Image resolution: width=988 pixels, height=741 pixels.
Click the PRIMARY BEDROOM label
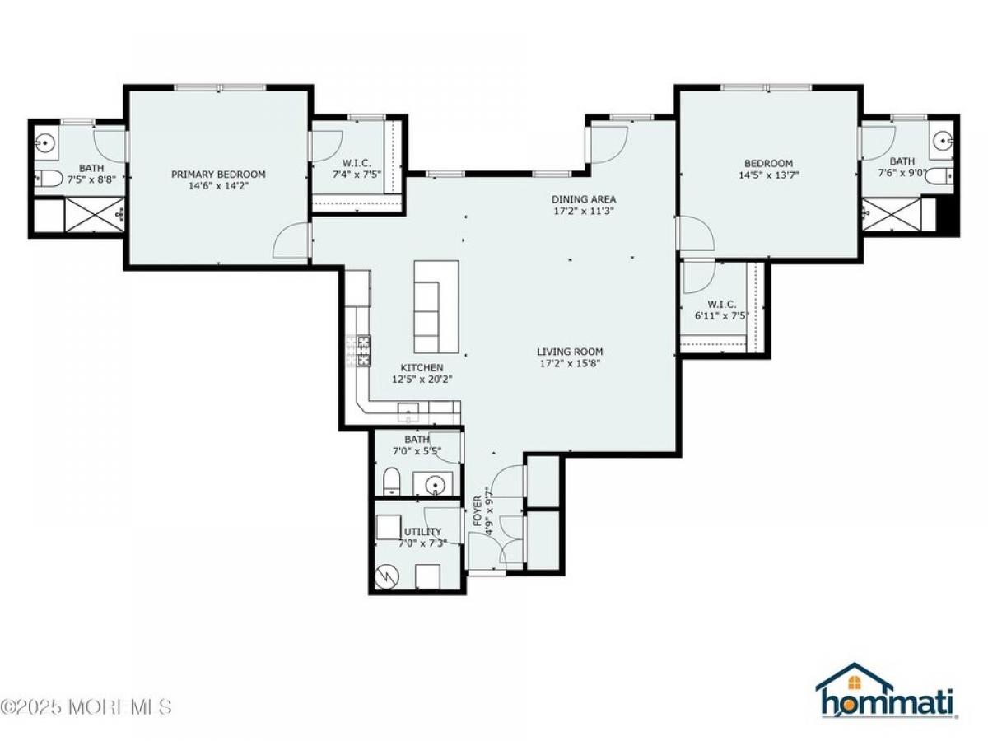click(x=218, y=174)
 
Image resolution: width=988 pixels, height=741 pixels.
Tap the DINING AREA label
click(x=584, y=199)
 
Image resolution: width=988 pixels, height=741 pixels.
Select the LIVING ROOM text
click(x=570, y=352)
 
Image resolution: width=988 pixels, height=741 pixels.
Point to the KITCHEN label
click(x=422, y=367)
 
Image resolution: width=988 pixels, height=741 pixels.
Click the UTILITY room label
click(x=422, y=531)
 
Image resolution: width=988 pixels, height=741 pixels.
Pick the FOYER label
click(x=478, y=510)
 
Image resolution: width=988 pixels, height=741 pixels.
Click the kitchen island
click(x=436, y=306)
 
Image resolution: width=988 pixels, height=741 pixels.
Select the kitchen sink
click(x=408, y=412)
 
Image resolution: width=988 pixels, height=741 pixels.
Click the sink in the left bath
click(x=45, y=143)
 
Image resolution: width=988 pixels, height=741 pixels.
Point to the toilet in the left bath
click(x=49, y=179)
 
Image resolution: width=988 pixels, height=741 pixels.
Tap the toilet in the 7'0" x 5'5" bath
click(x=392, y=481)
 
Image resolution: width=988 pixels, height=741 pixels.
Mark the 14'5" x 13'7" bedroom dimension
click(x=768, y=175)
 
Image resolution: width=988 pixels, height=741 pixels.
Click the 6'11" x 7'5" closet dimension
click(x=722, y=315)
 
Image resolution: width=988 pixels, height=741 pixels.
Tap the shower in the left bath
click(x=95, y=215)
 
